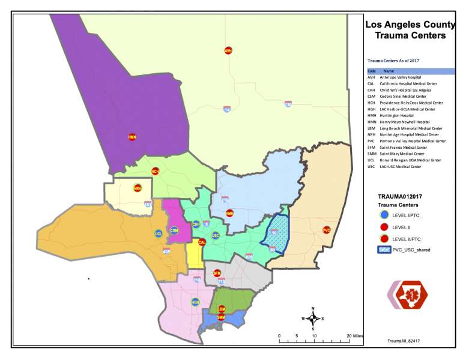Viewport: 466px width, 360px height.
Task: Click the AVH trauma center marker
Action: pyautogui.click(x=228, y=51)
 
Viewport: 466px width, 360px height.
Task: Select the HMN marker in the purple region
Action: pyautogui.click(x=132, y=137)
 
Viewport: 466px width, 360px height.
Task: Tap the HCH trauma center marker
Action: pyautogui.click(x=155, y=172)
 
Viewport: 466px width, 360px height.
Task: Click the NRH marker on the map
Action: pyautogui.click(x=137, y=188)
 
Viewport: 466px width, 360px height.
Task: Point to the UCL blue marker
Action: pyautogui.click(x=159, y=233)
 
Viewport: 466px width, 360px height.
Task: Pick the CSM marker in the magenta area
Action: pyautogui.click(x=174, y=231)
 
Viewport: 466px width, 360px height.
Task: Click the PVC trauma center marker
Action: pyautogui.click(x=327, y=230)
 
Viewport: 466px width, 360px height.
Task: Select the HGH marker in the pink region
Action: pyautogui.click(x=195, y=302)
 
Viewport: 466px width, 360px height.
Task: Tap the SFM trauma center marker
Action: pyautogui.click(x=217, y=274)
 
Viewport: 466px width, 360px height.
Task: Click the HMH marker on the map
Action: pyautogui.click(x=229, y=213)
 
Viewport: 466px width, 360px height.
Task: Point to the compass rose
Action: pyautogui.click(x=313, y=319)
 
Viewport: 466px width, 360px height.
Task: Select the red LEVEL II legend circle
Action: pyautogui.click(x=383, y=228)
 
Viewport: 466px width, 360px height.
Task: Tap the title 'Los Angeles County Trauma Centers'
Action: pyautogui.click(x=406, y=30)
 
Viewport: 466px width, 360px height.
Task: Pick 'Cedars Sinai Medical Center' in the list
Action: pyautogui.click(x=404, y=96)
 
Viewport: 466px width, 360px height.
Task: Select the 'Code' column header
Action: pyautogui.click(x=372, y=71)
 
